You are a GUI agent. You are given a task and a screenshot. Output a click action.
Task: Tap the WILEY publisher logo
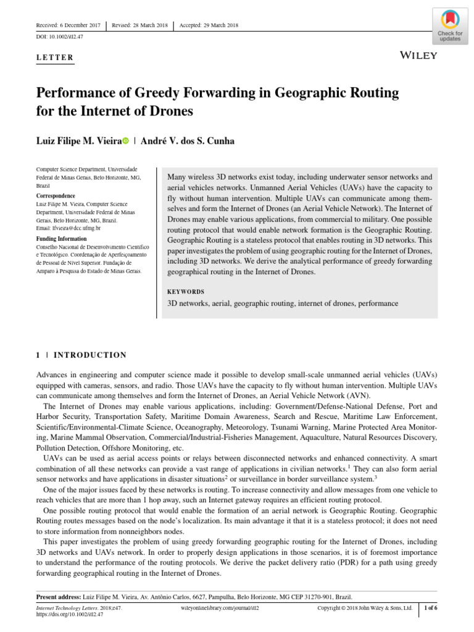coord(419,56)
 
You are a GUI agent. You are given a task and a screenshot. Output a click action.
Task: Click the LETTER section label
coord(56,58)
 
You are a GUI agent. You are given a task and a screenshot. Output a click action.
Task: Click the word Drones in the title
coord(171,112)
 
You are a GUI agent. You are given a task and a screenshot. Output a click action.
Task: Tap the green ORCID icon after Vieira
coord(126,141)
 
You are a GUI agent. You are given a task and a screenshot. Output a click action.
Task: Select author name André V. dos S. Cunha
coord(188,141)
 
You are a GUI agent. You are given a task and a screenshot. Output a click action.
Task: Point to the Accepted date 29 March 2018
coord(209,26)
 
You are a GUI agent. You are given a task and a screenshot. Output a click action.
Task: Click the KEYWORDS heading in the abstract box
coord(186,291)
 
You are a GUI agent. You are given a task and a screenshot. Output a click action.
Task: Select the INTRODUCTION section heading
coord(90,355)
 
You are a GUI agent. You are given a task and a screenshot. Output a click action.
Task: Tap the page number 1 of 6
coord(430,609)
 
